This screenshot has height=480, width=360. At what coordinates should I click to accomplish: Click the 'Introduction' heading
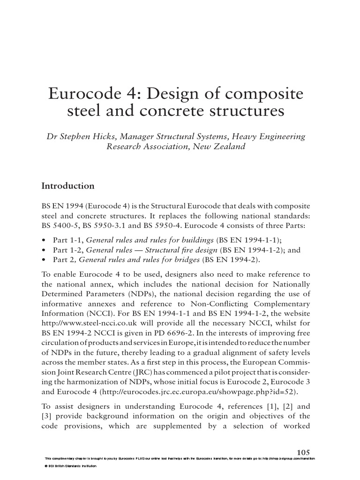pyautogui.click(x=68, y=186)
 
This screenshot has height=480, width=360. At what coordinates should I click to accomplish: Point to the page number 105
pyautogui.click(x=304, y=452)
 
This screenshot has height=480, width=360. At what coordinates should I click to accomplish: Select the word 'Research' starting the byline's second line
pyautogui.click(x=123, y=146)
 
